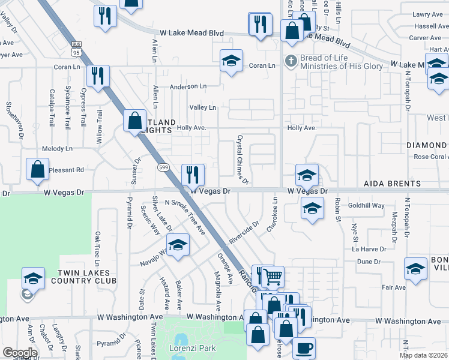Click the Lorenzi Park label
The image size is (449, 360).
click(186, 347)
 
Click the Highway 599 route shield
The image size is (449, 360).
click(163, 166)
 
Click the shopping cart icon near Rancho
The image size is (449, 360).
click(273, 277)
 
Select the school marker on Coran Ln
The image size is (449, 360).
click(231, 61)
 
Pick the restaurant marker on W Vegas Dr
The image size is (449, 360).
click(193, 175)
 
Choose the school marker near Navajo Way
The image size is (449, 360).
click(178, 245)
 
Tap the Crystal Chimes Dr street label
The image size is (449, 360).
click(242, 159)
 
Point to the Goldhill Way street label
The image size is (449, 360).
click(367, 205)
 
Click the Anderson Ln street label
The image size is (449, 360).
click(188, 86)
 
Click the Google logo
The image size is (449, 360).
click(20, 353)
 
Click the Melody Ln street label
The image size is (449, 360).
click(57, 148)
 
